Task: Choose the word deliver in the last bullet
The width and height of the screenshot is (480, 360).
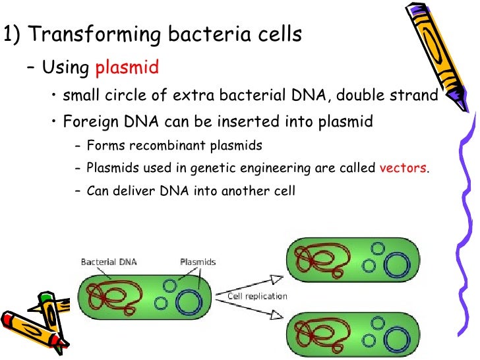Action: tap(129, 191)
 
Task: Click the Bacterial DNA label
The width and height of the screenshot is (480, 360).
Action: tap(109, 262)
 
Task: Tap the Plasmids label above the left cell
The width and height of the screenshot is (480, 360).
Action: tap(198, 262)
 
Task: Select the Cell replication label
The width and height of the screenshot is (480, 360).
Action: tap(257, 296)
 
